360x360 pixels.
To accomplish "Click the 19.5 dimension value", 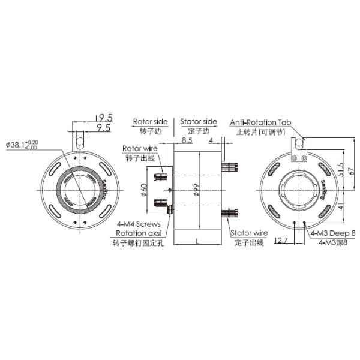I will [105, 118].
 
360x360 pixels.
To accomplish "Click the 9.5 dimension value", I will [103, 128].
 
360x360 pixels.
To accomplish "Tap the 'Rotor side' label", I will [151, 121].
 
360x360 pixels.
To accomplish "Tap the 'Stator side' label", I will [198, 121].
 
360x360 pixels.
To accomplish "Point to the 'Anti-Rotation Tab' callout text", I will [260, 122].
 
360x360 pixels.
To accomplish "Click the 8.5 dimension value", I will [187, 141].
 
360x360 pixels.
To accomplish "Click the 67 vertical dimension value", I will [351, 171].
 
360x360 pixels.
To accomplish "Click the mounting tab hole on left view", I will [80, 142].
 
